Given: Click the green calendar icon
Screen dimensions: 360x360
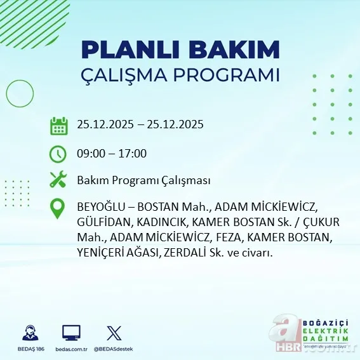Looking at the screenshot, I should (x=59, y=125).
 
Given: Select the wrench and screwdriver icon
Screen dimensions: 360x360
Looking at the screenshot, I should (x=59, y=180).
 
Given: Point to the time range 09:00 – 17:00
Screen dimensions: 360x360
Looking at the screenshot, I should (x=112, y=154).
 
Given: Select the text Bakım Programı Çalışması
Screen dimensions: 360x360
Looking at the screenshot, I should (x=143, y=181).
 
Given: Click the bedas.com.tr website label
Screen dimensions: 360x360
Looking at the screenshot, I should (x=71, y=349).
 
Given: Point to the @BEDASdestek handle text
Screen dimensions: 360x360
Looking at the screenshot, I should (x=114, y=349).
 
